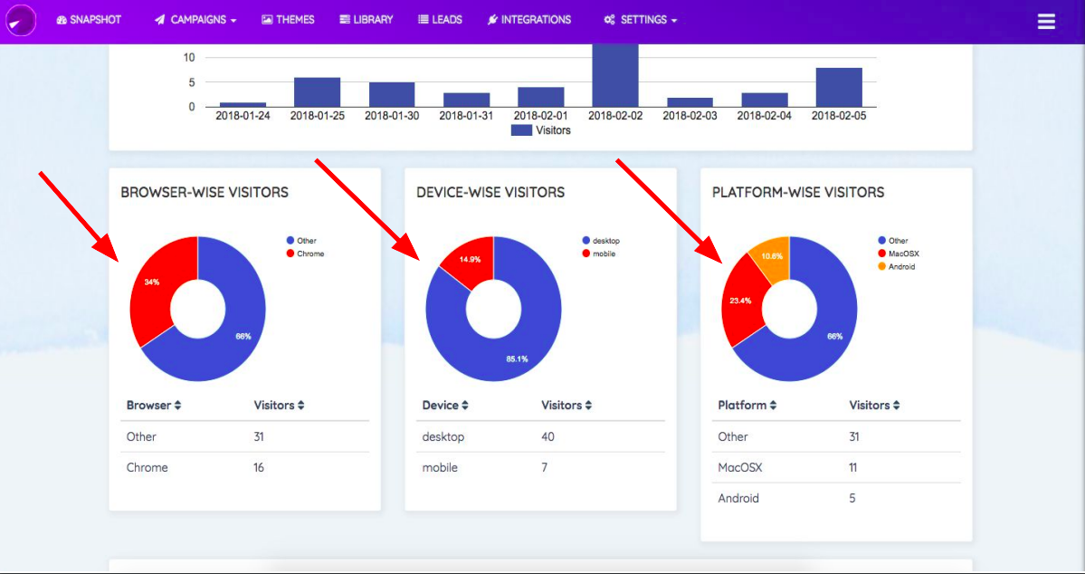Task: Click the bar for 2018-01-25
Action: (317, 91)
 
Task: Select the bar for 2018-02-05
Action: (838, 87)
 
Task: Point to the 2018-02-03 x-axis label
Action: (689, 116)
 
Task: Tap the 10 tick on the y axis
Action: (189, 57)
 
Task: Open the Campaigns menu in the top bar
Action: (195, 20)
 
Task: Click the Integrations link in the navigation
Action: (528, 20)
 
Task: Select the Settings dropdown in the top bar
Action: (640, 20)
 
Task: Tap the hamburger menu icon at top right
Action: (1046, 22)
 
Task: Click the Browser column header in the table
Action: (154, 406)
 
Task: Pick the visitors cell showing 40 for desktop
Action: (547, 437)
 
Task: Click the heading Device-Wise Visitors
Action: (490, 192)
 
